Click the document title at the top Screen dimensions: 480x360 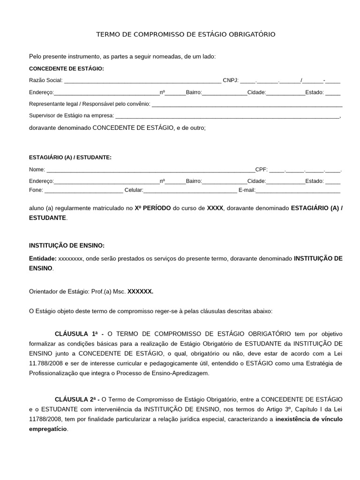coord(186,35)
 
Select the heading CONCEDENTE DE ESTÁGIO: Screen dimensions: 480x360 coord(67,68)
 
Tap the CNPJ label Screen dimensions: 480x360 coord(231,80)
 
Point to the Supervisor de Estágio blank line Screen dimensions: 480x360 coord(227,116)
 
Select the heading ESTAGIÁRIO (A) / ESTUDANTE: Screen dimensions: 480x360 coord(70,157)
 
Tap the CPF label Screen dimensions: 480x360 coord(261,169)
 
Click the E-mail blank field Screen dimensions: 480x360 coord(298,191)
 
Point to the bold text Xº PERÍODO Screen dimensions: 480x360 coord(153,207)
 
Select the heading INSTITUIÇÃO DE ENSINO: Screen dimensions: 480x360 coord(67,246)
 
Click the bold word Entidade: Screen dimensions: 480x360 coord(43,258)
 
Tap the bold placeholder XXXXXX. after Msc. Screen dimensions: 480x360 coord(141,291)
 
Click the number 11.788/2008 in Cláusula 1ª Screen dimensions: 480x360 coord(45,363)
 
